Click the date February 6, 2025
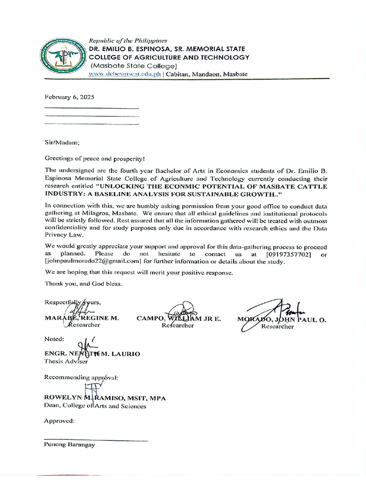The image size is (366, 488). click(x=69, y=97)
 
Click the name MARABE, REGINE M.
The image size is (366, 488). click(x=81, y=318)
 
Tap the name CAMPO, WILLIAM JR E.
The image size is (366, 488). click(x=178, y=318)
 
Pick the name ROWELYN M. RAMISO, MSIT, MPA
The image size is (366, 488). click(x=105, y=398)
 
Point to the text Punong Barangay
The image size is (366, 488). click(x=69, y=445)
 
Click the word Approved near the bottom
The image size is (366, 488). click(x=59, y=421)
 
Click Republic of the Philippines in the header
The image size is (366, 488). click(x=128, y=41)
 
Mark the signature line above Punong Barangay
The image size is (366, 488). click(x=96, y=439)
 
